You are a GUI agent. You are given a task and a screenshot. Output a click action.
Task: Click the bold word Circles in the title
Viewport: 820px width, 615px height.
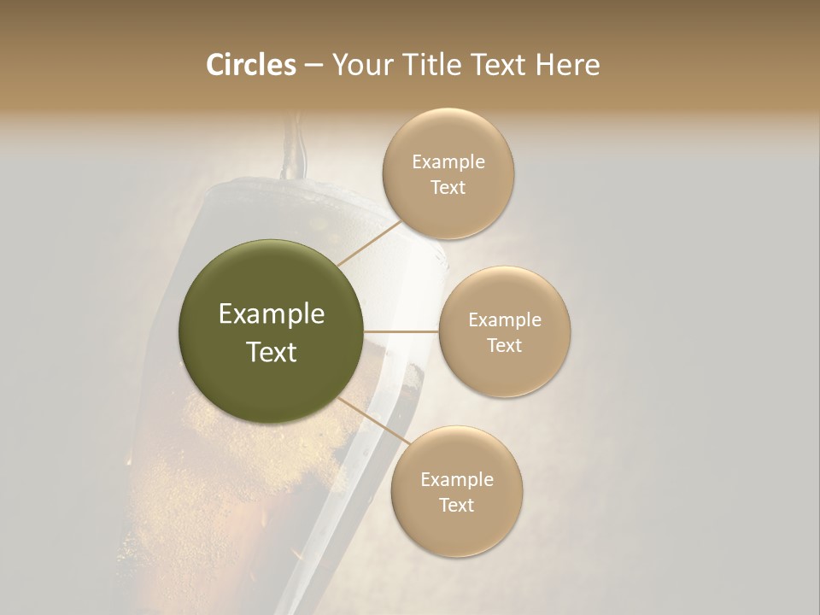point(251,65)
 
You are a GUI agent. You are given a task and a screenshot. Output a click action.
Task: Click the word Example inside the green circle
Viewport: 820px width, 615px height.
point(272,314)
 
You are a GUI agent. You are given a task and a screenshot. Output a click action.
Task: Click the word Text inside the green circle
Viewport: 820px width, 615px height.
point(272,352)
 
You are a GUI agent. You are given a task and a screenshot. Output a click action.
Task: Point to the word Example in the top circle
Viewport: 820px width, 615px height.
point(448,162)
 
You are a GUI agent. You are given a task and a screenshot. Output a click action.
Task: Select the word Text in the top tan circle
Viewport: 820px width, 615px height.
point(448,188)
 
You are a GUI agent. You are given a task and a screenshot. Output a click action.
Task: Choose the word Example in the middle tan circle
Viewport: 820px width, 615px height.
point(505,320)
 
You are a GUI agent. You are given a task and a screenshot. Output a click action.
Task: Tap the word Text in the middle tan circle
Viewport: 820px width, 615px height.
point(505,345)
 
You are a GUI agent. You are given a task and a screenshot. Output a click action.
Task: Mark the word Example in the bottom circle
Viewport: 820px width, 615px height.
point(457,479)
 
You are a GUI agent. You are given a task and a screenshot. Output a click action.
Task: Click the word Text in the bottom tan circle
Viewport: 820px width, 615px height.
point(456,505)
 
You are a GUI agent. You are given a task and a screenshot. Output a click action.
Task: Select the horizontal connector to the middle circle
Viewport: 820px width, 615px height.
point(401,331)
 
